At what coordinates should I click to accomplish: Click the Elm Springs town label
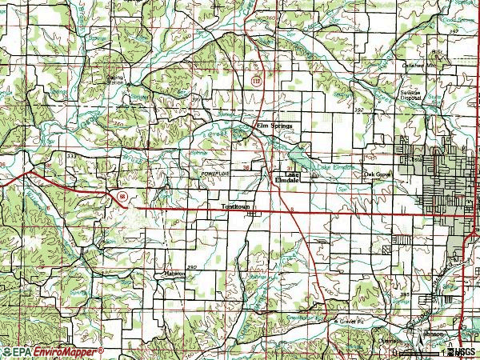point(274,126)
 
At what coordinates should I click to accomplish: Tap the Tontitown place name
point(236,206)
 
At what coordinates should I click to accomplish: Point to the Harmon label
point(174,273)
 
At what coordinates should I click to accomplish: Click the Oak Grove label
point(376,174)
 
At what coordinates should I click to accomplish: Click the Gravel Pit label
point(346,322)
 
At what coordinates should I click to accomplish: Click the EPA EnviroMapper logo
point(52,351)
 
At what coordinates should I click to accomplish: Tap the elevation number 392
point(358,110)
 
